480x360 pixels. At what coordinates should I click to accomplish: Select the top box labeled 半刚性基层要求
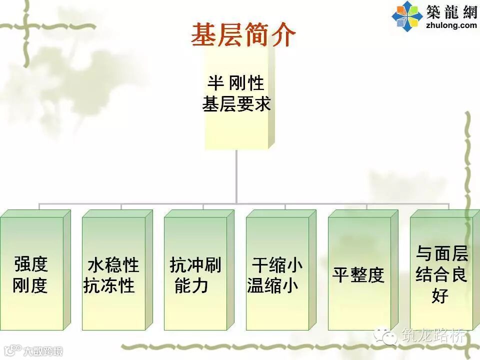[236, 100]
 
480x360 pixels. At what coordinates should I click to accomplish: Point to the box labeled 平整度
[359, 274]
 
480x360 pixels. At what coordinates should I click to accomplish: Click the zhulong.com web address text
[450, 25]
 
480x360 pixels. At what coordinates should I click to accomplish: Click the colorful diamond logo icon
[407, 15]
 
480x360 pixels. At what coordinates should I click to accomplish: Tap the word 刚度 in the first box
[30, 285]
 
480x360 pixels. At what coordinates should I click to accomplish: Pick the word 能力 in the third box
[191, 285]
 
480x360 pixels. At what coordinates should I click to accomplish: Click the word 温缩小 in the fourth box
[273, 285]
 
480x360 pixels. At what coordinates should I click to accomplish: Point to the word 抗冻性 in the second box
[109, 285]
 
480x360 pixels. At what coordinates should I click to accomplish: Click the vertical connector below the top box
[236, 175]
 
